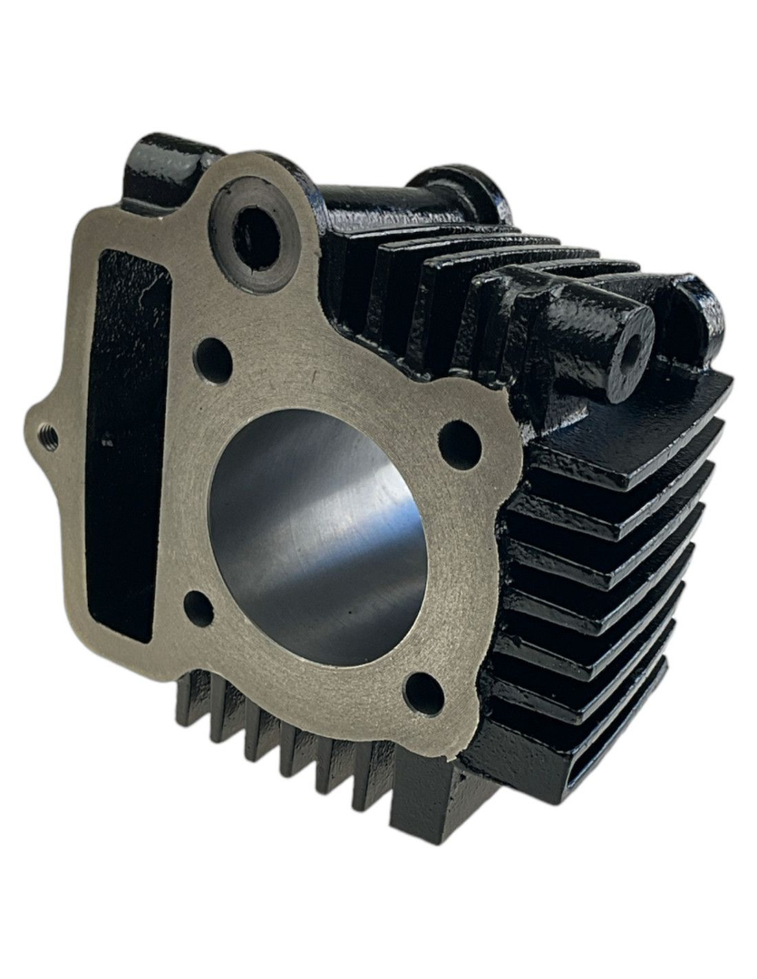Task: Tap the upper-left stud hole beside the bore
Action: pos(213,360)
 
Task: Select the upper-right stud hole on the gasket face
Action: pos(459,444)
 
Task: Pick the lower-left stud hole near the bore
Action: pos(199,608)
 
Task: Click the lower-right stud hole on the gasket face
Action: pos(423,693)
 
